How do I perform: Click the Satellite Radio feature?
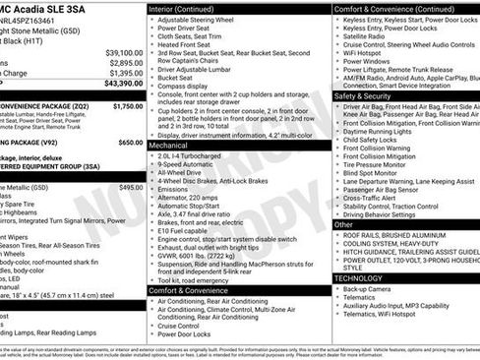370,36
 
